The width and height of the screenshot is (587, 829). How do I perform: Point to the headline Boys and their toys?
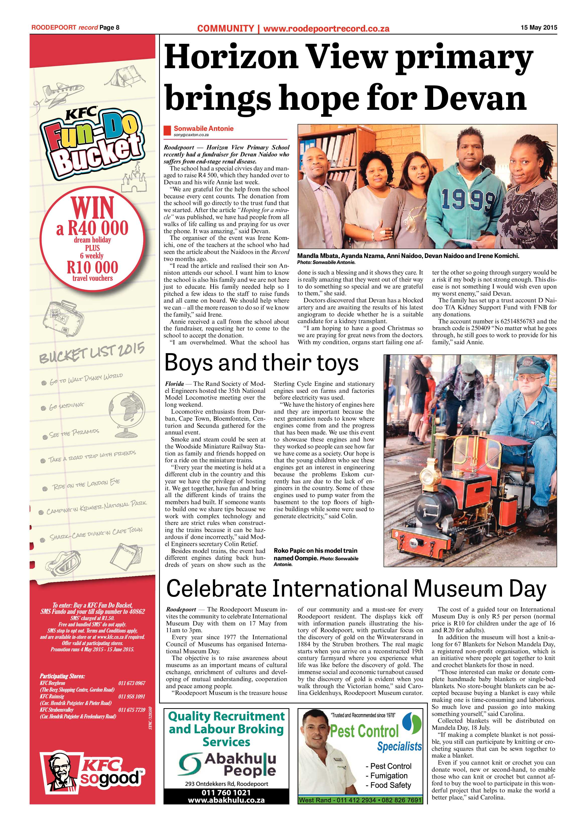pyautogui.click(x=261, y=363)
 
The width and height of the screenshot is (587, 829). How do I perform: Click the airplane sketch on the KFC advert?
pyautogui.click(x=61, y=92)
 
